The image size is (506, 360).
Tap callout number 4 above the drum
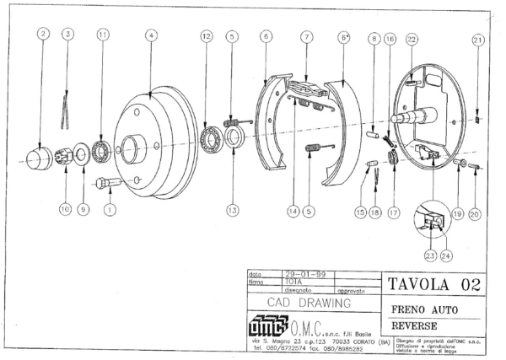150,35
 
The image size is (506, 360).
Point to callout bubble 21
477,40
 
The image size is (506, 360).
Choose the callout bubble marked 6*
344,37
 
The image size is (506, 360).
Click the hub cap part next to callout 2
40,157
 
